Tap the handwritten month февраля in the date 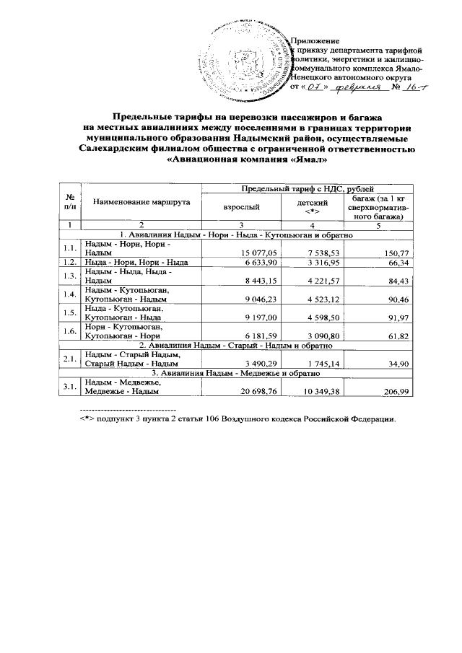tap(359, 88)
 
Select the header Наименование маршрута tap(141, 203)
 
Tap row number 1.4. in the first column tap(70, 294)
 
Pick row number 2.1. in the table tap(70, 359)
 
